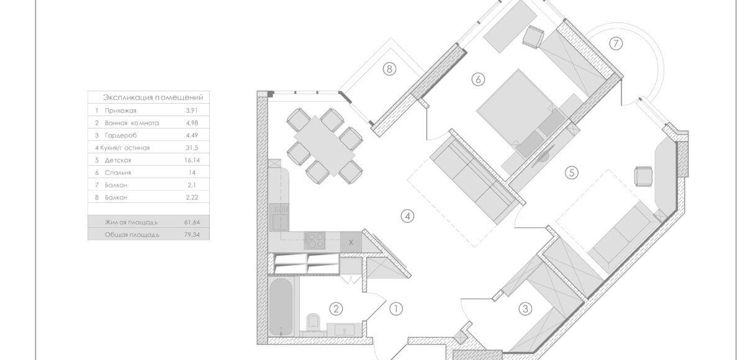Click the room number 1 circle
[396, 307]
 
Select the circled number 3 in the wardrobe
[525, 308]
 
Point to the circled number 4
[407, 217]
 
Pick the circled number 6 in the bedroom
[477, 79]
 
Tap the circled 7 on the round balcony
[615, 43]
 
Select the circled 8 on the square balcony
[389, 70]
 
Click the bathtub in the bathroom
[282, 305]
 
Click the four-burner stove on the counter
[314, 241]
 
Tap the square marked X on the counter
[351, 242]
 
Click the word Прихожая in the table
[120, 110]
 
